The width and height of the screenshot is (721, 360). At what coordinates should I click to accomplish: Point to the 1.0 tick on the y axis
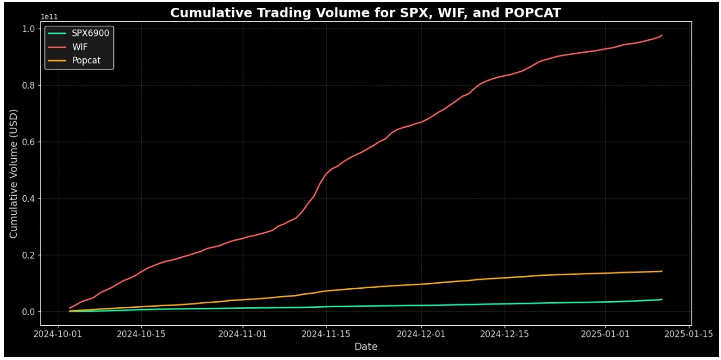click(29, 29)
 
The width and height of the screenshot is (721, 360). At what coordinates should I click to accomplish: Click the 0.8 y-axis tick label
click(29, 85)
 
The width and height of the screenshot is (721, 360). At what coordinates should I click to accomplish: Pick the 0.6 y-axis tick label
click(29, 142)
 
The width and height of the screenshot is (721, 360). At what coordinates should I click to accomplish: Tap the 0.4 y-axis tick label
click(29, 199)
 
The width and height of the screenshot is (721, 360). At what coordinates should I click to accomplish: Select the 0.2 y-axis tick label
click(29, 255)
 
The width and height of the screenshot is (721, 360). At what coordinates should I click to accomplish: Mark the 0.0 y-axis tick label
click(29, 312)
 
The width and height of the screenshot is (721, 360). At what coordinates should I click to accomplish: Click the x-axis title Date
click(366, 347)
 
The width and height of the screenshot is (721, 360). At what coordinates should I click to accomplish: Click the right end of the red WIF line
click(662, 35)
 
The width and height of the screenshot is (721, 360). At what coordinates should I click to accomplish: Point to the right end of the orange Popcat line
click(662, 271)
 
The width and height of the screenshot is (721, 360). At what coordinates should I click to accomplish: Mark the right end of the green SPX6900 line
click(662, 299)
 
